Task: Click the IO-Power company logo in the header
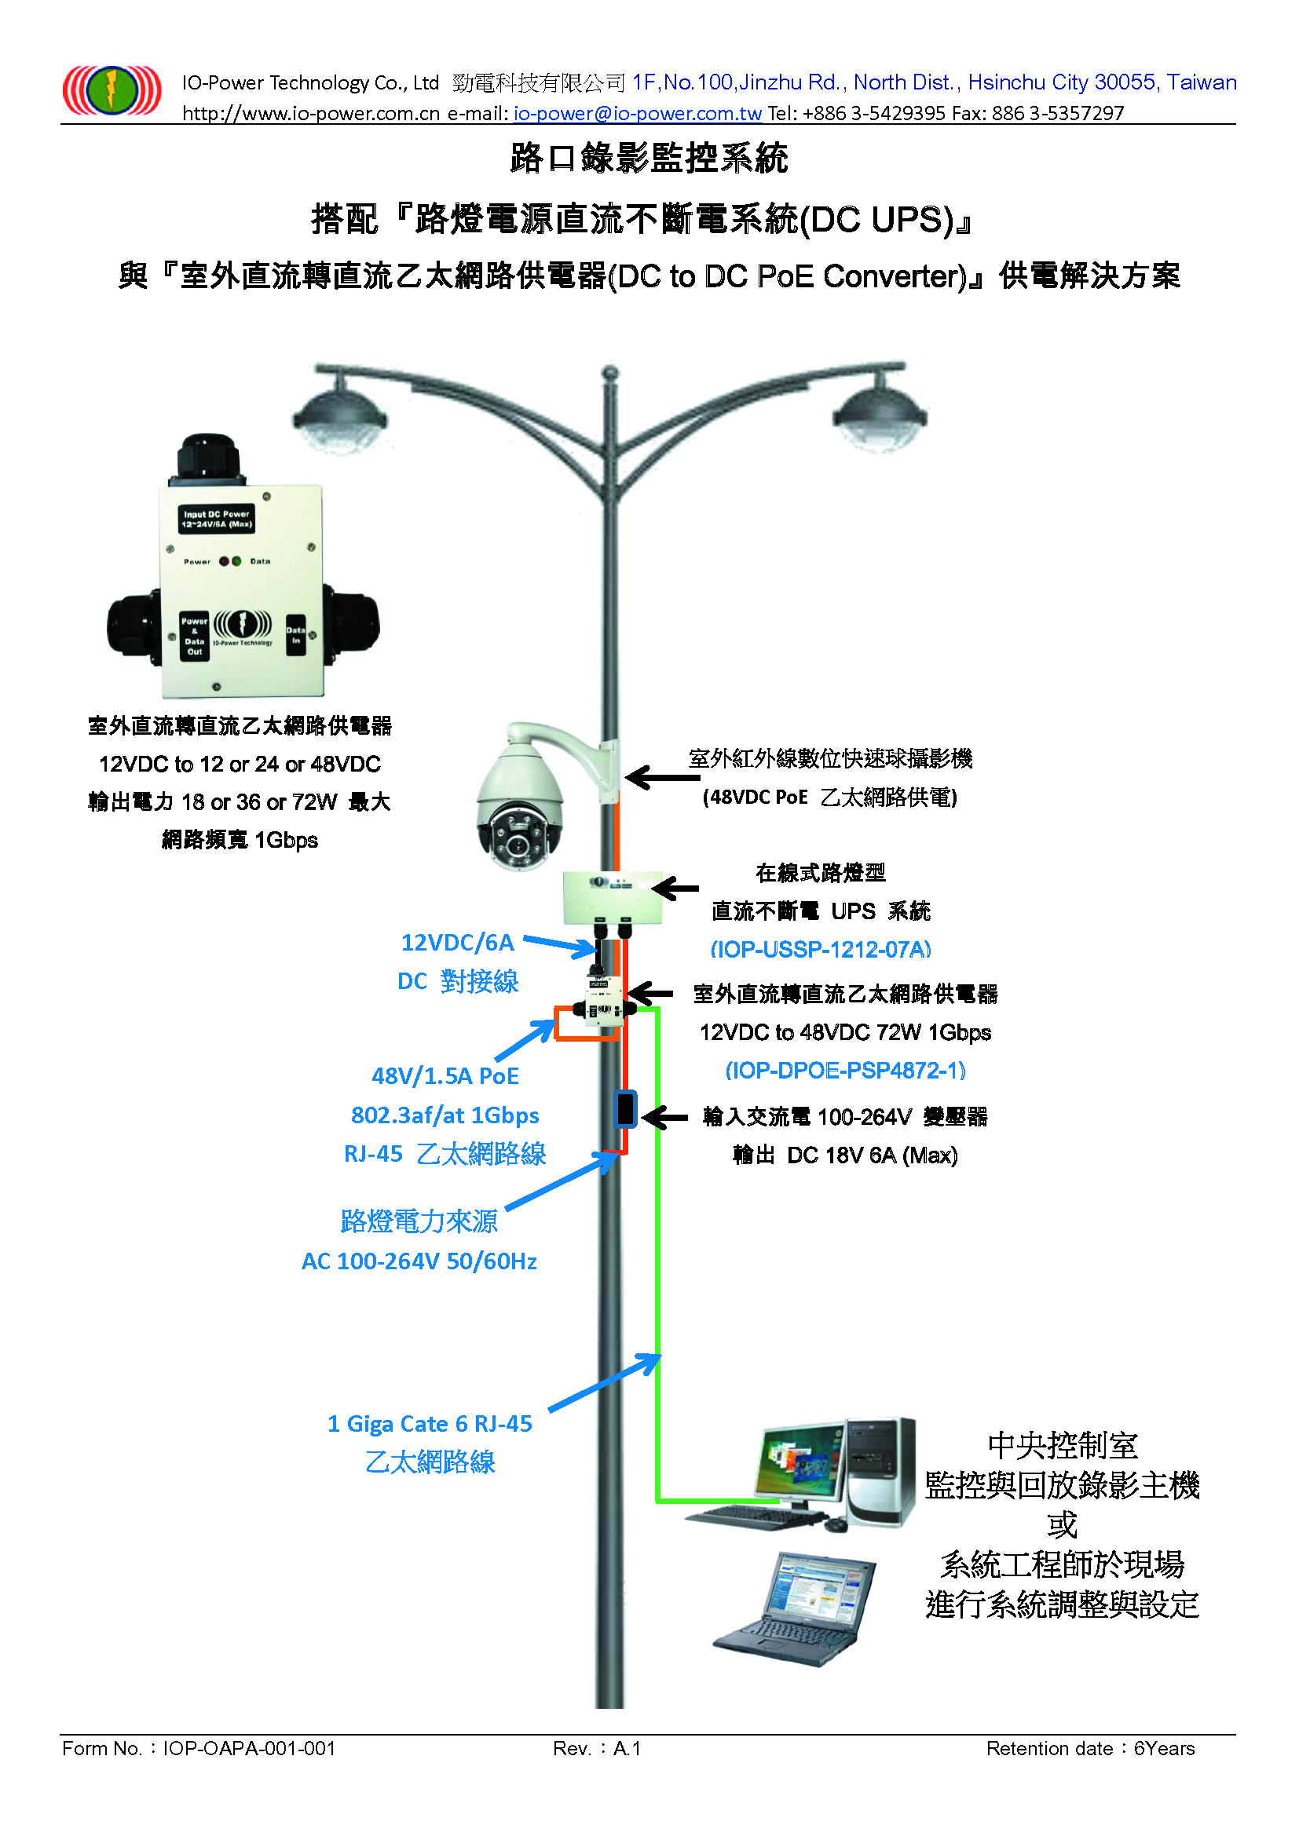point(112,89)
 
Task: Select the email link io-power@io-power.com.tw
point(638,114)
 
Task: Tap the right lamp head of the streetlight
point(880,414)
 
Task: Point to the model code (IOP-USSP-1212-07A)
point(821,949)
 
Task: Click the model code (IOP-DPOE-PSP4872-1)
point(846,1070)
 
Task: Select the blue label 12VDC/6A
point(458,943)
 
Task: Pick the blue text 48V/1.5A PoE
point(445,1076)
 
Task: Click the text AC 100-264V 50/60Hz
point(419,1262)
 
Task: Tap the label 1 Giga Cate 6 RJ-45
point(430,1424)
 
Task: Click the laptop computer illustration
point(793,1608)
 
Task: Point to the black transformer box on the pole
point(625,1109)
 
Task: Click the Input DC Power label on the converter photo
point(217,520)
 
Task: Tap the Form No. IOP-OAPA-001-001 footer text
point(199,1749)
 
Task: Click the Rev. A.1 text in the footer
point(597,1749)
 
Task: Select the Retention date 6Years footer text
point(1090,1749)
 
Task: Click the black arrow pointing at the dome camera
point(662,776)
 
